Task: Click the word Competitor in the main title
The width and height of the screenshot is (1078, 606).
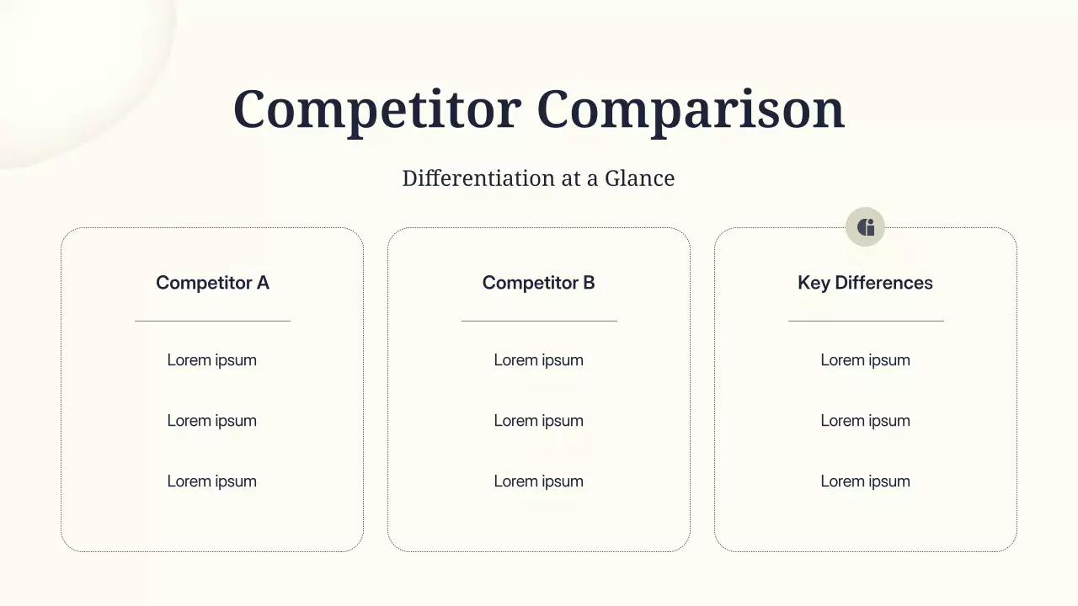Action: click(x=376, y=109)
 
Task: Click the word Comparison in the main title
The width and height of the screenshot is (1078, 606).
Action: click(x=690, y=109)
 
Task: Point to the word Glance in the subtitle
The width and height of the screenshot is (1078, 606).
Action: click(x=639, y=178)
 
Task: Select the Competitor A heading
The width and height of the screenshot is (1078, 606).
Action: click(x=212, y=283)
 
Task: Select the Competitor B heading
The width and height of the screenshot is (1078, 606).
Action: click(x=539, y=283)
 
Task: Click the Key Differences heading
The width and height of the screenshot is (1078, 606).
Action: click(x=865, y=283)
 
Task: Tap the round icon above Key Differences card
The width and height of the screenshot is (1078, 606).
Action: click(x=865, y=227)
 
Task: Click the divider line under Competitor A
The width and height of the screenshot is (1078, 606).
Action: click(x=212, y=321)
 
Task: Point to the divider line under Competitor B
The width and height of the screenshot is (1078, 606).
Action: click(x=539, y=321)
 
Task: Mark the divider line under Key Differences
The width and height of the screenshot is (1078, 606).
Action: click(x=866, y=321)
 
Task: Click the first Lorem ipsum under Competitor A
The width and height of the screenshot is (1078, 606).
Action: click(x=212, y=360)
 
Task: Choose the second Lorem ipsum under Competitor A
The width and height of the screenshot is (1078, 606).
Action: click(x=212, y=421)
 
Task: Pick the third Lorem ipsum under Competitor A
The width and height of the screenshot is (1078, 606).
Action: click(x=212, y=481)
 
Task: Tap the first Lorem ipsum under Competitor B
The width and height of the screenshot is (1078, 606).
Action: click(x=539, y=360)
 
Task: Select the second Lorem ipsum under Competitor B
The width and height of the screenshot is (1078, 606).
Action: click(x=539, y=421)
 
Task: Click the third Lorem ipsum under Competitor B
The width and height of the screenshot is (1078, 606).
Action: click(x=539, y=481)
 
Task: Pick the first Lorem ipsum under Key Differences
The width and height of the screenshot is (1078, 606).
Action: click(x=865, y=360)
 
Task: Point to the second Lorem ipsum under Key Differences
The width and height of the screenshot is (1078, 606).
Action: click(x=865, y=421)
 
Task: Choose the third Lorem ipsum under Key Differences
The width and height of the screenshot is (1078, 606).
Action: click(x=865, y=481)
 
